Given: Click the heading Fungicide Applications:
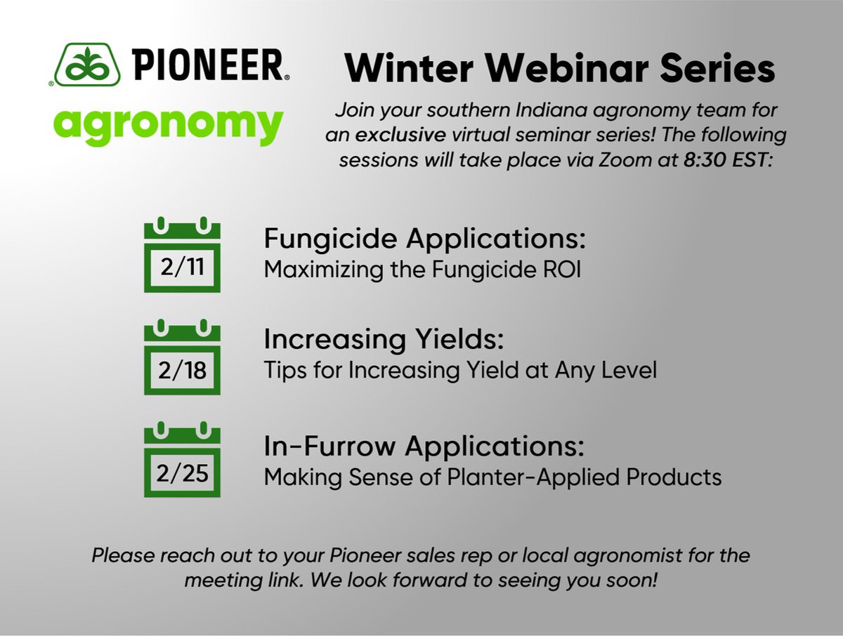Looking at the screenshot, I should point(424,239).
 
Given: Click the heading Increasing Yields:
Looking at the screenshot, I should point(384,340).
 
